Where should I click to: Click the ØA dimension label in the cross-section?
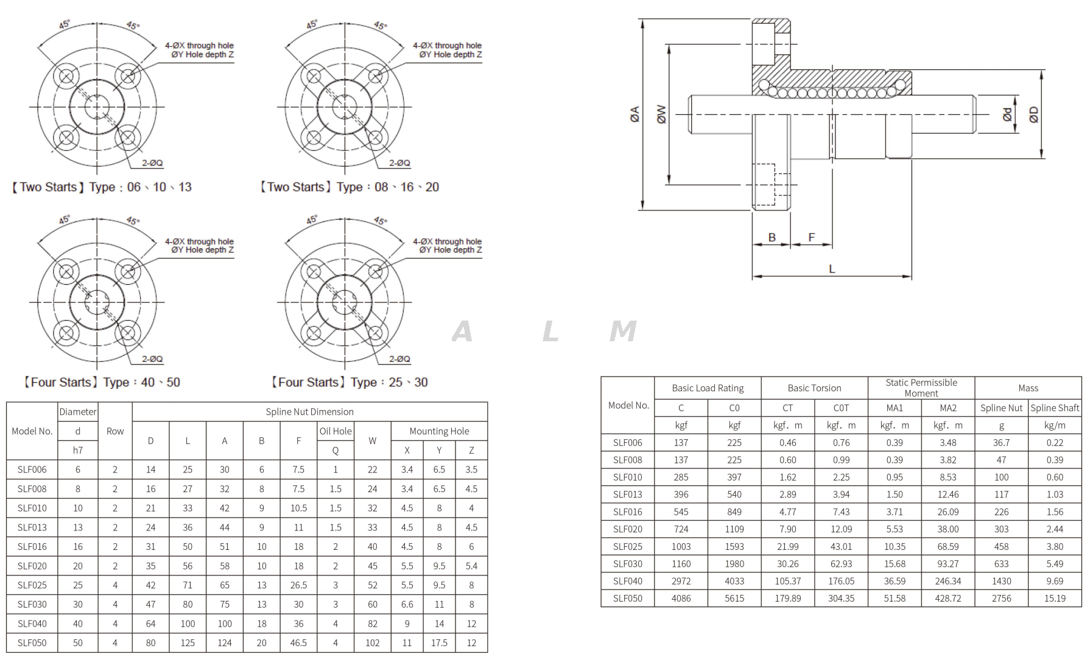pyautogui.click(x=635, y=114)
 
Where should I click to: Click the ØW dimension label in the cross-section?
pyautogui.click(x=661, y=114)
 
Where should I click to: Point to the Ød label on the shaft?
pyautogui.click(x=1008, y=114)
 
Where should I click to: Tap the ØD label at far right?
pyautogui.click(x=1034, y=114)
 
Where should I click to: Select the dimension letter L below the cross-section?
pyautogui.click(x=832, y=269)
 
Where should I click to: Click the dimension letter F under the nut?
pyautogui.click(x=811, y=237)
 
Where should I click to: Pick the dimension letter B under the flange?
pyautogui.click(x=772, y=237)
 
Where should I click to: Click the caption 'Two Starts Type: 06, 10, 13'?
pyautogui.click(x=101, y=187)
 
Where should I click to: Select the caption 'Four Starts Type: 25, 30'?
pyautogui.click(x=349, y=383)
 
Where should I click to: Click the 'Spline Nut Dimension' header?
pyautogui.click(x=309, y=412)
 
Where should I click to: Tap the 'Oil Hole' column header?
pyautogui.click(x=336, y=431)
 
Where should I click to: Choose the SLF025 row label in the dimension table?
pyautogui.click(x=32, y=585)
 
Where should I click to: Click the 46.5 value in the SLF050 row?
pyautogui.click(x=298, y=643)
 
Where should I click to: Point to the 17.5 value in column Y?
pyautogui.click(x=439, y=643)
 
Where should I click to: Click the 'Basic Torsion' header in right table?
pyautogui.click(x=814, y=388)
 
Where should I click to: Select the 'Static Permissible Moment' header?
pyautogui.click(x=921, y=387)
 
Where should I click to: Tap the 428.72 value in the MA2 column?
pyautogui.click(x=948, y=599)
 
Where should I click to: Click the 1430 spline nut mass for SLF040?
pyautogui.click(x=1001, y=582)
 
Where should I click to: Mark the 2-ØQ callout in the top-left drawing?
pyautogui.click(x=152, y=163)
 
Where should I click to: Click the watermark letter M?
pyautogui.click(x=622, y=332)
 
